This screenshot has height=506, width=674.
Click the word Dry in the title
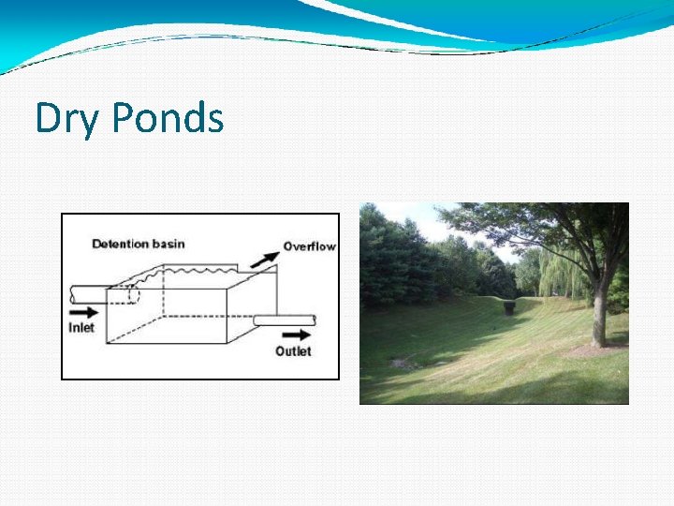click(x=67, y=119)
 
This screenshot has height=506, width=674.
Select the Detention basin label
click(x=139, y=245)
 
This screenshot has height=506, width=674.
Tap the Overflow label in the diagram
click(x=309, y=246)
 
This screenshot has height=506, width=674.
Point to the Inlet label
click(x=81, y=328)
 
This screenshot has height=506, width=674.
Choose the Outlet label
click(x=293, y=351)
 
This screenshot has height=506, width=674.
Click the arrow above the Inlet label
click(x=82, y=310)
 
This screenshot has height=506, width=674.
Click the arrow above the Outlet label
click(x=297, y=334)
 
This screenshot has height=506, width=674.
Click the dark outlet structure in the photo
click(x=508, y=307)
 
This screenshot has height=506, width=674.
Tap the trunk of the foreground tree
click(x=599, y=314)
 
